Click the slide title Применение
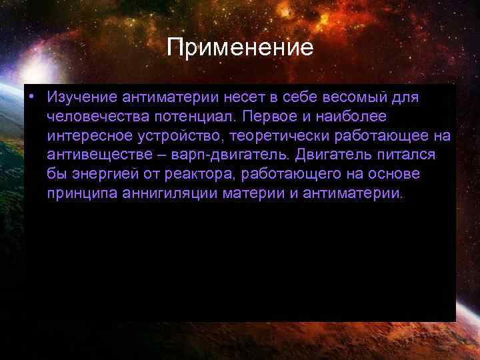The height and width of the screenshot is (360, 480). (x=240, y=47)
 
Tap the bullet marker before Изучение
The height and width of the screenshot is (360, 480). (x=31, y=97)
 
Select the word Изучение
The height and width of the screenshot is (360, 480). (x=82, y=97)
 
